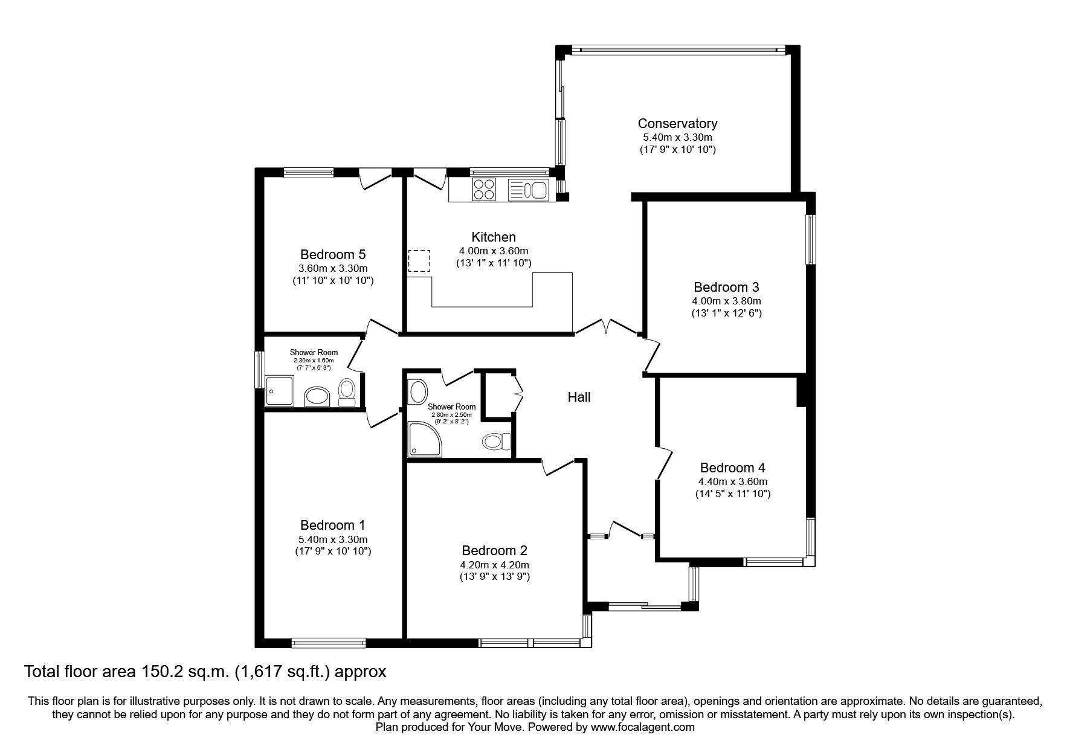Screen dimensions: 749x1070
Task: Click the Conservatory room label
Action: click(x=677, y=123)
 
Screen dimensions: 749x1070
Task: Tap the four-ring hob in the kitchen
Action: click(x=483, y=189)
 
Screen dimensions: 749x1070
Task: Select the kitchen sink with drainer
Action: click(x=528, y=190)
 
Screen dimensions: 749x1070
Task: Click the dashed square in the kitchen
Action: click(x=419, y=262)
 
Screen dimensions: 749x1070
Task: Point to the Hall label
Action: click(x=579, y=397)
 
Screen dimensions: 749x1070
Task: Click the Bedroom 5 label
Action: click(x=333, y=254)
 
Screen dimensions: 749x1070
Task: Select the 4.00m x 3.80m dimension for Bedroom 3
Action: click(x=726, y=301)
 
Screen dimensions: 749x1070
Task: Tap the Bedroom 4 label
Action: click(x=732, y=468)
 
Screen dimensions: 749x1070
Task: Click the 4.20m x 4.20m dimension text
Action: click(x=494, y=565)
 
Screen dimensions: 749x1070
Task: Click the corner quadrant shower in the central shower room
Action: click(x=422, y=437)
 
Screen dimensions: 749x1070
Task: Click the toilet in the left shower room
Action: click(x=347, y=392)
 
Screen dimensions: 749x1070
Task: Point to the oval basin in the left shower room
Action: click(x=317, y=397)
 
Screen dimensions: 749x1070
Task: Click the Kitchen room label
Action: click(x=494, y=237)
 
